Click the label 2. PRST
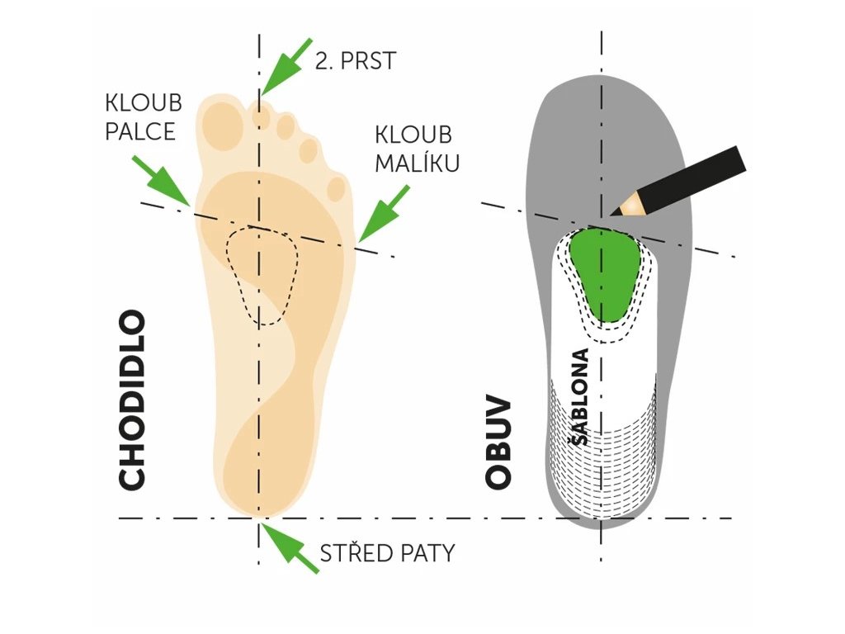point(356,60)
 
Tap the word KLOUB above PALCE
point(143,104)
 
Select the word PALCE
point(140,131)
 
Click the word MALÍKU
point(417,163)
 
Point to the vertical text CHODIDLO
point(132,400)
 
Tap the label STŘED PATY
point(387,553)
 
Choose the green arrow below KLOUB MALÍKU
point(383,214)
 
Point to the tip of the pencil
point(614,211)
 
